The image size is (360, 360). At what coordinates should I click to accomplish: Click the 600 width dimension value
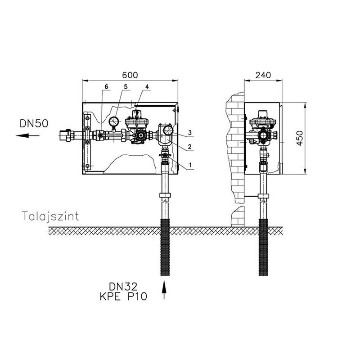pos(130,75)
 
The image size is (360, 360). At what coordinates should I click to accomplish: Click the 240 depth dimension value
pos(263,75)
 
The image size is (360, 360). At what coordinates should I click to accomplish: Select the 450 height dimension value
pos(300,138)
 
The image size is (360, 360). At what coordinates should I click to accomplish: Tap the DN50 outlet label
pos(34,123)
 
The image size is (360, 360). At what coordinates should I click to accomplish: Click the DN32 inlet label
pos(123,287)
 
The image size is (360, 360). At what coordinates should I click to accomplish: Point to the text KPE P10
pos(123,297)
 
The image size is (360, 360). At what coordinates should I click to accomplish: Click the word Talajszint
pos(50,216)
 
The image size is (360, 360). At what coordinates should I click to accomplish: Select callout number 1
pos(190,165)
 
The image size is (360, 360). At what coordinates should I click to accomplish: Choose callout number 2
pos(189,147)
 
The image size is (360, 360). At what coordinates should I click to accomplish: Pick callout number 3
pos(189,133)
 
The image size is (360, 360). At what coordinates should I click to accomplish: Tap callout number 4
pos(147,86)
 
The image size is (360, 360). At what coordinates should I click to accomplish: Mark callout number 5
pos(126,86)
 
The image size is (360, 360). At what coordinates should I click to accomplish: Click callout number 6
pos(106,86)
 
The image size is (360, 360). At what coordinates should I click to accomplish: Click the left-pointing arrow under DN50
pos(27,136)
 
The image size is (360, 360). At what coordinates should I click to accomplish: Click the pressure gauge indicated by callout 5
pos(114,121)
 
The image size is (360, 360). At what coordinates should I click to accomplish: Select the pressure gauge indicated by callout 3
pos(168,130)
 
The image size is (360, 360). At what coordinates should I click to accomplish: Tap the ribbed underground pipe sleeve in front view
pos(165,247)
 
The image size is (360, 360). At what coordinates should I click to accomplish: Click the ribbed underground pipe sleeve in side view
pos(263,247)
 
